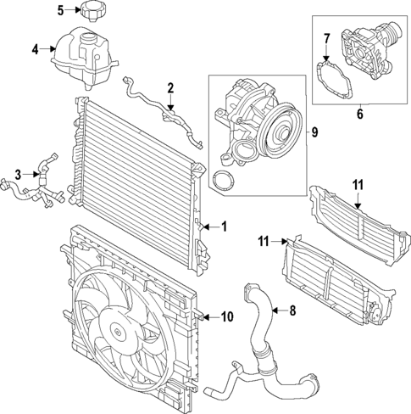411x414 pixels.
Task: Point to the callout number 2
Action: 170,87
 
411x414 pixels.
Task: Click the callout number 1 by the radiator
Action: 224,226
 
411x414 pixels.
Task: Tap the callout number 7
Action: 325,37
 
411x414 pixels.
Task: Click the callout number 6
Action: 359,111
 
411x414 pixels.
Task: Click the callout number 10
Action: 226,317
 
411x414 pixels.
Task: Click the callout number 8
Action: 292,310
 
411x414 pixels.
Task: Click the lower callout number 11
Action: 263,242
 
